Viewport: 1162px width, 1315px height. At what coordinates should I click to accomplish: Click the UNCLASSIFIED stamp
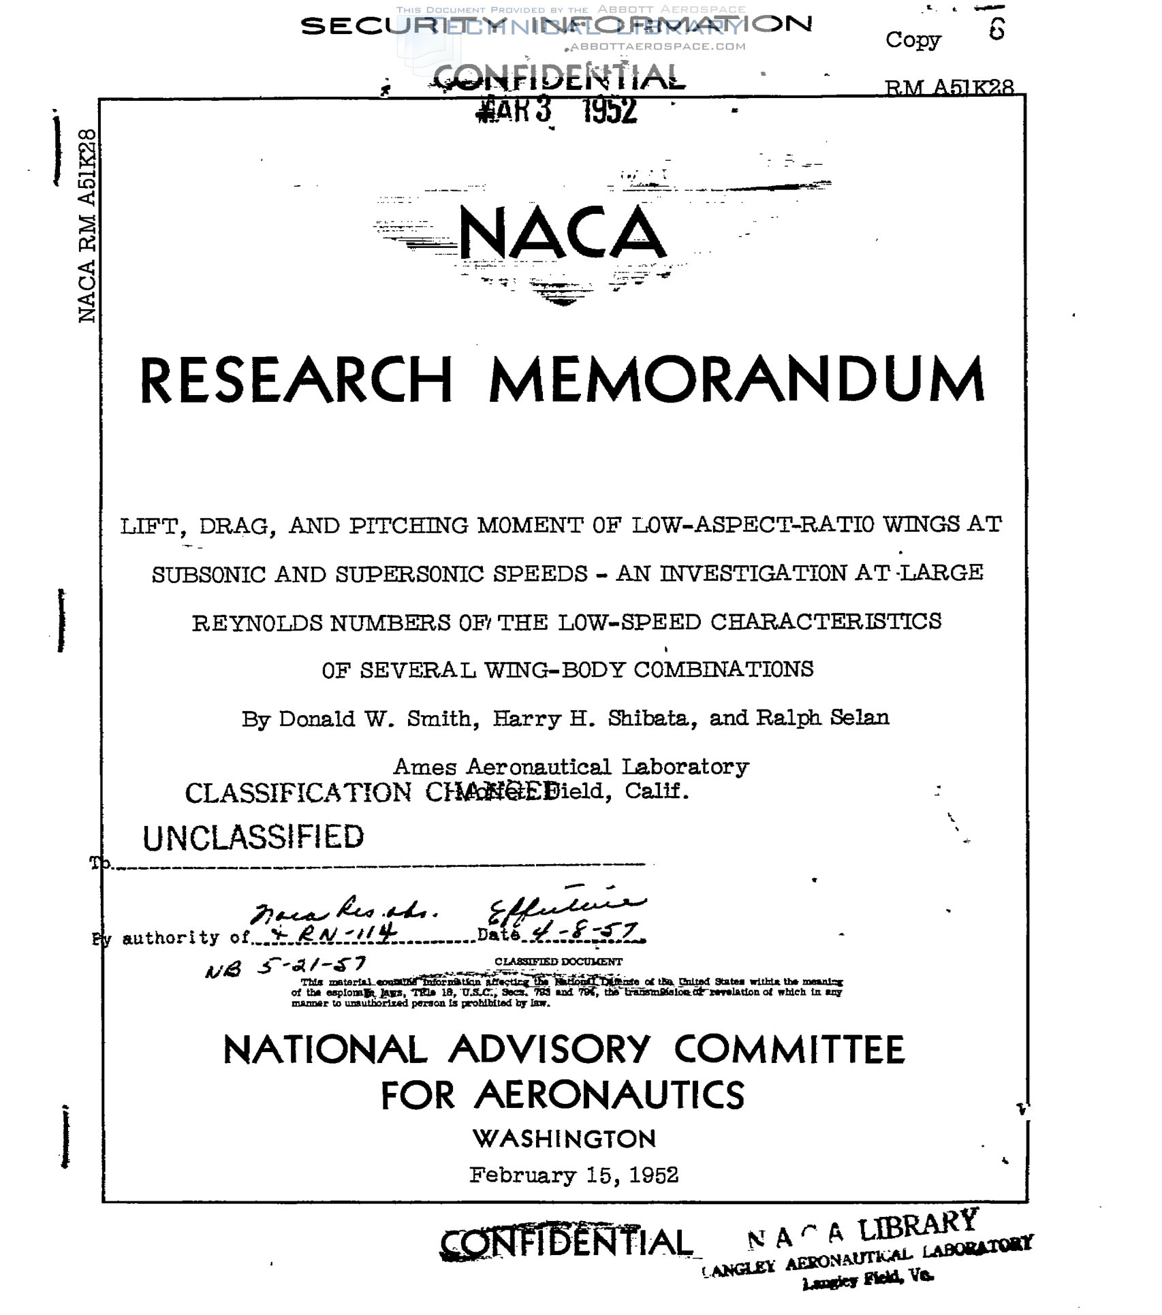click(253, 837)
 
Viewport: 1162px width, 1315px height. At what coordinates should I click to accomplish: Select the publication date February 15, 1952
click(574, 1175)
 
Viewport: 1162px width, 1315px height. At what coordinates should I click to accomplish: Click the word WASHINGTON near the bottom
click(565, 1138)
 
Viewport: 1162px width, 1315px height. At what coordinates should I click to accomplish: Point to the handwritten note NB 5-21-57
click(285, 966)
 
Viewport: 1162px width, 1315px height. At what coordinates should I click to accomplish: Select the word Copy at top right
click(913, 39)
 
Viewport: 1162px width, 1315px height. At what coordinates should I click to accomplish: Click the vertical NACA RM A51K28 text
click(87, 225)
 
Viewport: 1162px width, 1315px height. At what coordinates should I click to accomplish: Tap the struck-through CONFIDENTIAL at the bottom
click(565, 1243)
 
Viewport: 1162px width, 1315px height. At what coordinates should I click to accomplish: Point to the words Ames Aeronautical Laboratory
click(571, 767)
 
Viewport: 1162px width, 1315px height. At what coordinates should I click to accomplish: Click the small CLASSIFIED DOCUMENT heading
click(558, 962)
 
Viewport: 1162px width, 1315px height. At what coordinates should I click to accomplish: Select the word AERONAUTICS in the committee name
click(609, 1095)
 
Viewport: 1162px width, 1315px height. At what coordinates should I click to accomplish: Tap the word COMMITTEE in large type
click(789, 1049)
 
